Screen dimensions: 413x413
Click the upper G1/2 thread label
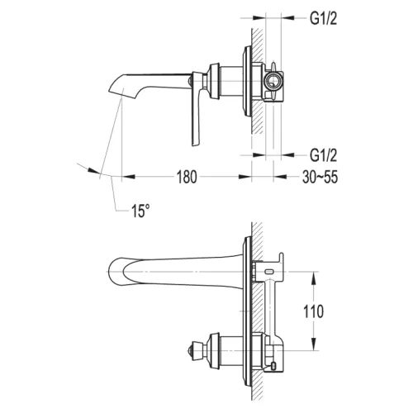pos(323,19)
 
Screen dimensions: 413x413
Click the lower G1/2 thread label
pos(323,155)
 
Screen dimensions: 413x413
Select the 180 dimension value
pos(187,177)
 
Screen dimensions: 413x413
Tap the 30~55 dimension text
pos(320,177)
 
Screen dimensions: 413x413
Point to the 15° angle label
pos(140,211)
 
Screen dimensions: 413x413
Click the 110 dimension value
pos(313,311)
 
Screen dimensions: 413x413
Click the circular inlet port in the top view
pos(273,81)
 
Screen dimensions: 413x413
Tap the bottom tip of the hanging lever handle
pos(196,144)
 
